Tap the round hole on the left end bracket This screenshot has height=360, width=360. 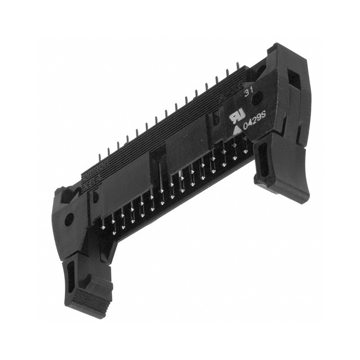[x=69, y=220]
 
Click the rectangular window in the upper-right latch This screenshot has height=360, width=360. [x=293, y=80]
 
